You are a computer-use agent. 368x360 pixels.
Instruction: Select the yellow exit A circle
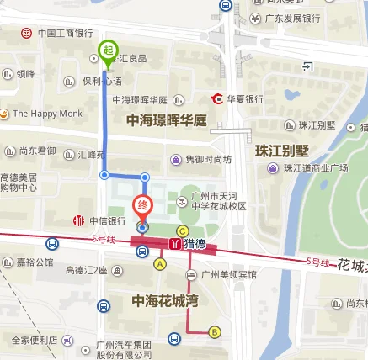[x=160, y=263]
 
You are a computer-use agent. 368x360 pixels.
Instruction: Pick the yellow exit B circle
[x=214, y=332]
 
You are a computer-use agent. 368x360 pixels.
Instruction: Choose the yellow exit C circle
[x=181, y=230]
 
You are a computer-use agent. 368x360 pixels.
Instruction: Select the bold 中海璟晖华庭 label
[x=166, y=121]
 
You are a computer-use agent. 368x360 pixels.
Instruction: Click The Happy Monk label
[x=46, y=113]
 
